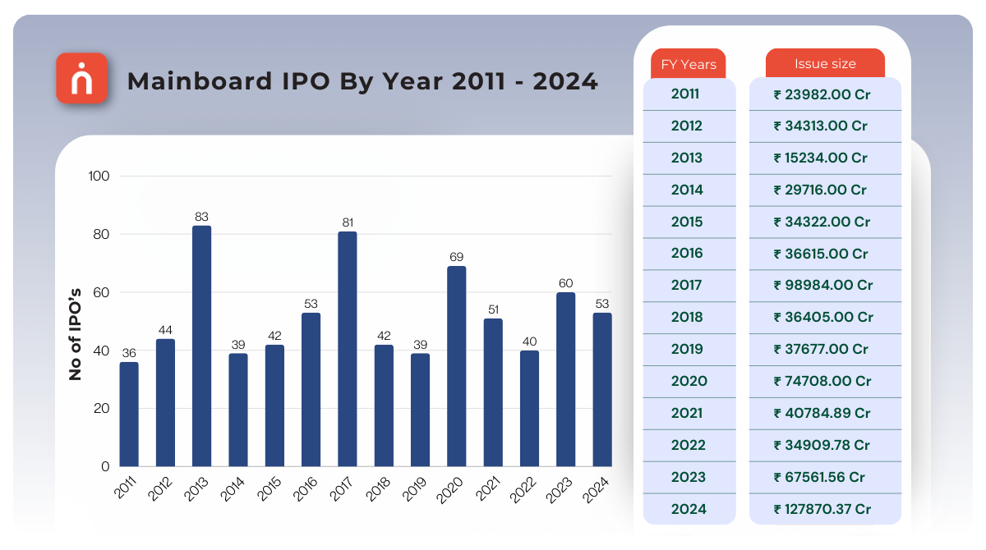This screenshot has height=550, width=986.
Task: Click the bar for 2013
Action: (x=201, y=346)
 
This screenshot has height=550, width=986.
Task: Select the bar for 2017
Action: (x=347, y=349)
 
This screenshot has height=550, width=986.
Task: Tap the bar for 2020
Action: (x=456, y=366)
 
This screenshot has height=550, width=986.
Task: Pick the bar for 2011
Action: (x=129, y=415)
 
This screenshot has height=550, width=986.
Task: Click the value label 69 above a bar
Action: (x=456, y=257)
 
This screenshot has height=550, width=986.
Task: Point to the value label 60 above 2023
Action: (x=565, y=283)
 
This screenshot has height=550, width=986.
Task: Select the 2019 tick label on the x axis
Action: (x=416, y=490)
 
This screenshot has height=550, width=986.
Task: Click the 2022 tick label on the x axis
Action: (x=525, y=490)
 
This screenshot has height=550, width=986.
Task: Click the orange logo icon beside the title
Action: (x=82, y=79)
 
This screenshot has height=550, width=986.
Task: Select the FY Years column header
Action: (x=689, y=64)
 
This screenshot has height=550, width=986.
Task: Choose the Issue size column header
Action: (x=825, y=64)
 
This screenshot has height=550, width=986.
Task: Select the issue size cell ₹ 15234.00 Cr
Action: (x=820, y=158)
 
